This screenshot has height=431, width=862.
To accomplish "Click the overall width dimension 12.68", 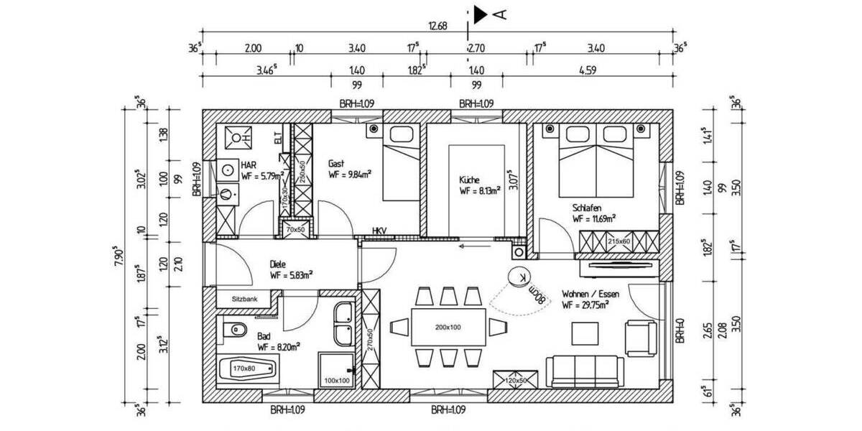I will [437, 26].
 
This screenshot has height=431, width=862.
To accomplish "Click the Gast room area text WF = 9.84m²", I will [354, 174].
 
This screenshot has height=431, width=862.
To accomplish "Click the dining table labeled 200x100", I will [449, 327].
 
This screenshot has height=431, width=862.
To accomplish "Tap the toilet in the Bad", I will [231, 331].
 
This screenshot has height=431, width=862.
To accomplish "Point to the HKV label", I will [379, 231].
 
